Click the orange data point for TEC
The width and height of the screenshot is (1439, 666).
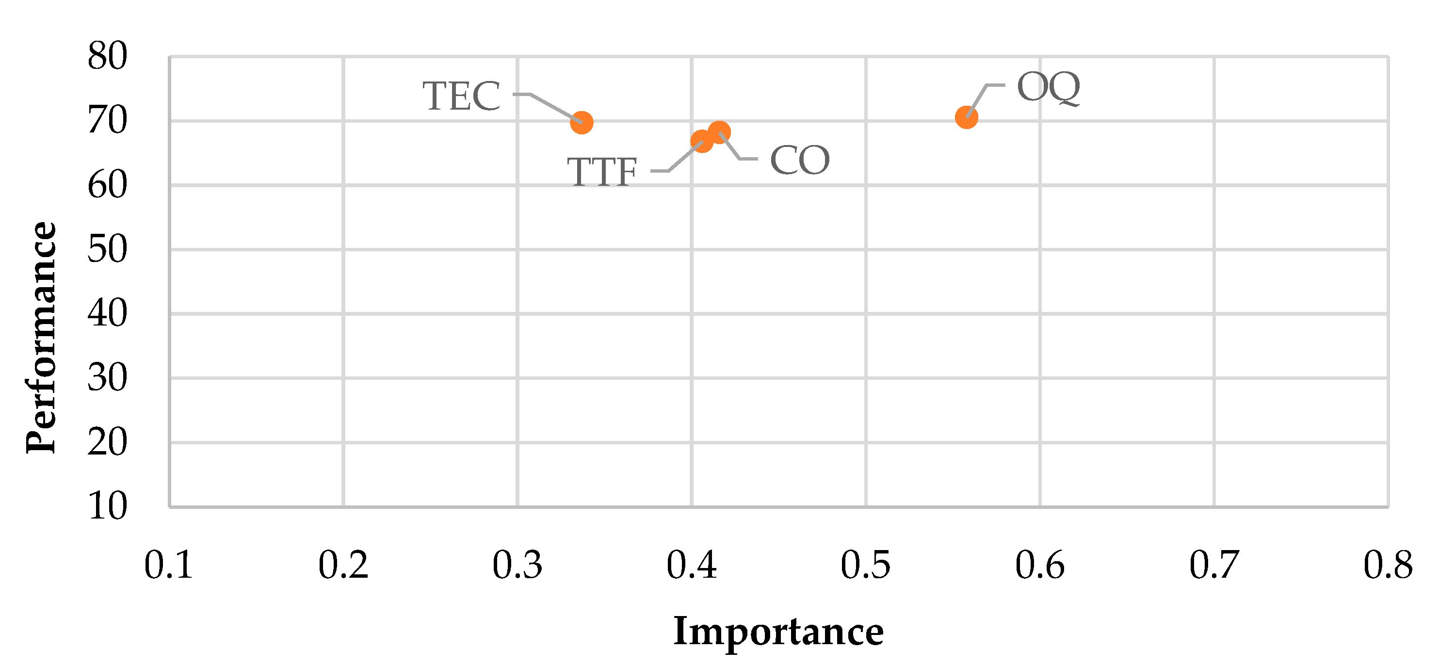coord(582,122)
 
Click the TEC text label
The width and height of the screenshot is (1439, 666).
coord(461,96)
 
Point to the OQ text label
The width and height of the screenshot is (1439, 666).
coord(1049,88)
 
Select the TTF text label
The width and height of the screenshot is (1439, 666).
coord(602,172)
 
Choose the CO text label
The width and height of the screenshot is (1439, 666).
coord(799,161)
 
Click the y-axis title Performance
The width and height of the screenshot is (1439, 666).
coord(41,338)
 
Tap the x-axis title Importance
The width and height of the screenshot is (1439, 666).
coord(778,632)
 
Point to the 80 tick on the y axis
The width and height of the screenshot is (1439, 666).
coord(107,56)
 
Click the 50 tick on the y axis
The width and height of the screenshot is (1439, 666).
coord(107,249)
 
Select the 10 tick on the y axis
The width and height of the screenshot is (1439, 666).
coord(107,507)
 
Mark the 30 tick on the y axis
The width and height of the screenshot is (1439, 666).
coord(107,378)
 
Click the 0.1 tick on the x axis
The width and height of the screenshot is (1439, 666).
coord(169,565)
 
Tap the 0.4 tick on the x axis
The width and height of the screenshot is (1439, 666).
coord(692,565)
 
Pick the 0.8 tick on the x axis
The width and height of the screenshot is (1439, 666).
coord(1388,565)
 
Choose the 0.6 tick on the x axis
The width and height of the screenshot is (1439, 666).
coord(1039,565)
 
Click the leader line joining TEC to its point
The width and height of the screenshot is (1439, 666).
coord(553,107)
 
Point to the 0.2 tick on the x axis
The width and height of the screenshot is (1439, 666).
coord(343,565)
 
